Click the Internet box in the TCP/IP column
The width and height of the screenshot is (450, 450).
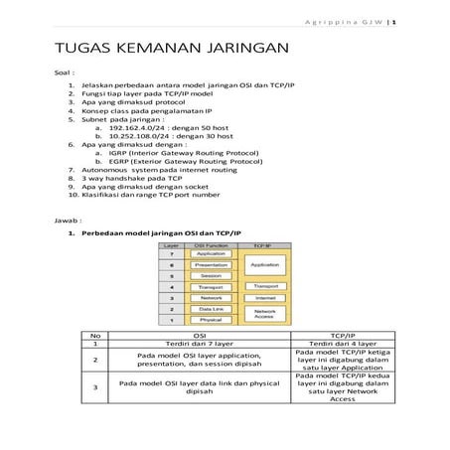pyautogui.click(x=263, y=297)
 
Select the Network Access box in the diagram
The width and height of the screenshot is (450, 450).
pyautogui.click(x=263, y=314)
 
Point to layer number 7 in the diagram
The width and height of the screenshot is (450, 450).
pyautogui.click(x=172, y=254)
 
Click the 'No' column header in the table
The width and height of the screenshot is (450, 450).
pyautogui.click(x=95, y=336)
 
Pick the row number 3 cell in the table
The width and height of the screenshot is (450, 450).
pyautogui.click(x=95, y=387)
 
